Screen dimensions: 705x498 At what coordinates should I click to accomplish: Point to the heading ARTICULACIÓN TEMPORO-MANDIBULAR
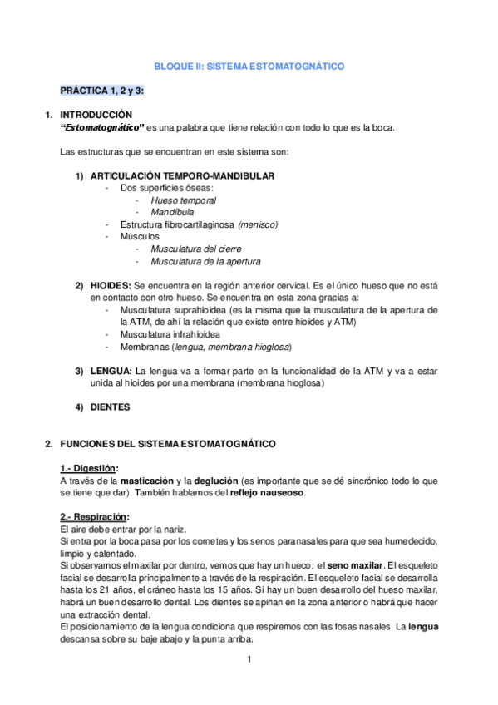pos(183,176)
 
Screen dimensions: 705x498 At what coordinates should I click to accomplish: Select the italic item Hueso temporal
pos(184,200)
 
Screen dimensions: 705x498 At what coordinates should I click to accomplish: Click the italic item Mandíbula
pos(173,213)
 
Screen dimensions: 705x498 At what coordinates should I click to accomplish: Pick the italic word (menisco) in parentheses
pos(258,225)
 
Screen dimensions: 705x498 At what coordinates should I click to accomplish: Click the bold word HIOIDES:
pos(110,285)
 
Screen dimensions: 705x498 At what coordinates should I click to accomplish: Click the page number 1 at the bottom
pos(249,660)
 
